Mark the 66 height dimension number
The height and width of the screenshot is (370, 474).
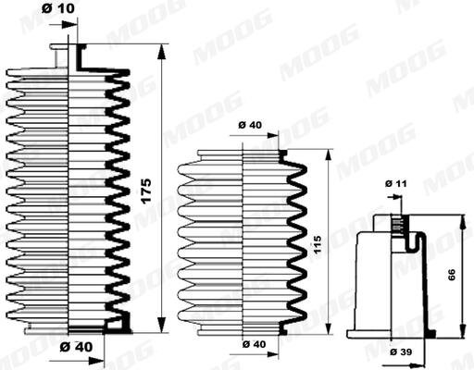click(455, 273)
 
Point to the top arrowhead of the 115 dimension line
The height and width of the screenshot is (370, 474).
click(327, 153)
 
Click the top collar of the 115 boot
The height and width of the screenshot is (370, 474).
click(243, 151)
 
